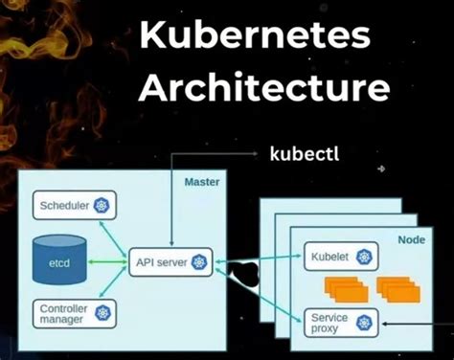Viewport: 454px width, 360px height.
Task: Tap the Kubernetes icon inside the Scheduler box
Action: (x=101, y=204)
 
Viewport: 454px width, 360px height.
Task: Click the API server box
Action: (x=170, y=259)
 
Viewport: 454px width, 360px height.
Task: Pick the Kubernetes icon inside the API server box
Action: (x=199, y=259)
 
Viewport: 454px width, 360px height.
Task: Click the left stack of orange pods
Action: (x=343, y=287)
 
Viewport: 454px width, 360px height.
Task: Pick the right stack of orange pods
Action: (x=397, y=287)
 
